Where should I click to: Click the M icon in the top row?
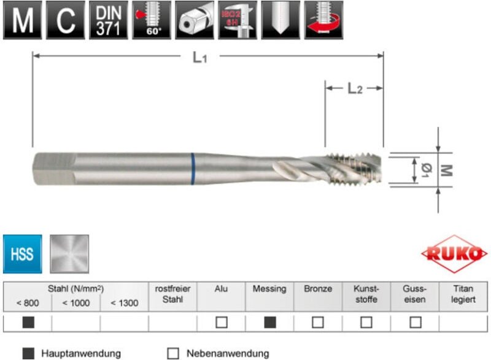click(23, 20)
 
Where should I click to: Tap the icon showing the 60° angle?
click(152, 20)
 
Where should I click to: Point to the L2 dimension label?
click(355, 89)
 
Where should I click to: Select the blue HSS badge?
click(23, 253)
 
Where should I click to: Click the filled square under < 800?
click(28, 322)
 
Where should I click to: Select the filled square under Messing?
click(269, 322)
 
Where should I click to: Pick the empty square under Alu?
click(221, 322)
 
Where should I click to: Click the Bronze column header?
click(318, 289)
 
